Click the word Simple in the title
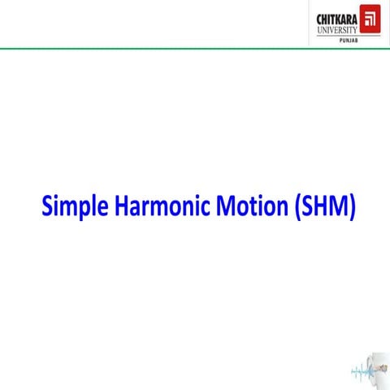tap(71, 206)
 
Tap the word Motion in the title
tap(248, 206)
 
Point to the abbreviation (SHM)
tap(323, 206)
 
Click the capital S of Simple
tap(47, 206)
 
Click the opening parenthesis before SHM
tap(292, 206)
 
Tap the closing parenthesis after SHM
tap(353, 206)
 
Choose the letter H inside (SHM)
tap(318, 206)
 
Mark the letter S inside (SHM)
tap(302, 206)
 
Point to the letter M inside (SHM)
tap(337, 206)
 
